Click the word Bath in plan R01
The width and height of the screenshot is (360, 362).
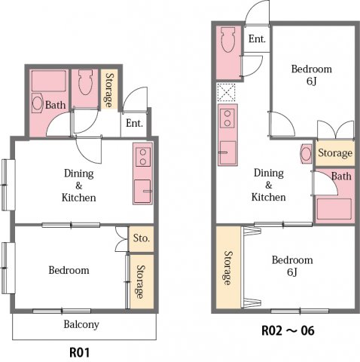[x=55, y=105]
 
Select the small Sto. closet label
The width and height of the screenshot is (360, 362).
[x=141, y=238]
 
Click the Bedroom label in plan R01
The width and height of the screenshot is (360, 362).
[x=69, y=270]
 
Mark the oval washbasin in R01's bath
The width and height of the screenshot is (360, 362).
[x=37, y=103]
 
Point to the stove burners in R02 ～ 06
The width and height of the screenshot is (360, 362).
[x=226, y=118]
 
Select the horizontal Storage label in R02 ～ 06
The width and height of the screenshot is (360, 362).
[x=334, y=153]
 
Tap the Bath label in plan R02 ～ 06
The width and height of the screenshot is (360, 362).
[x=341, y=176]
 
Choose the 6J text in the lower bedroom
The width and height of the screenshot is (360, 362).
[x=292, y=273]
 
